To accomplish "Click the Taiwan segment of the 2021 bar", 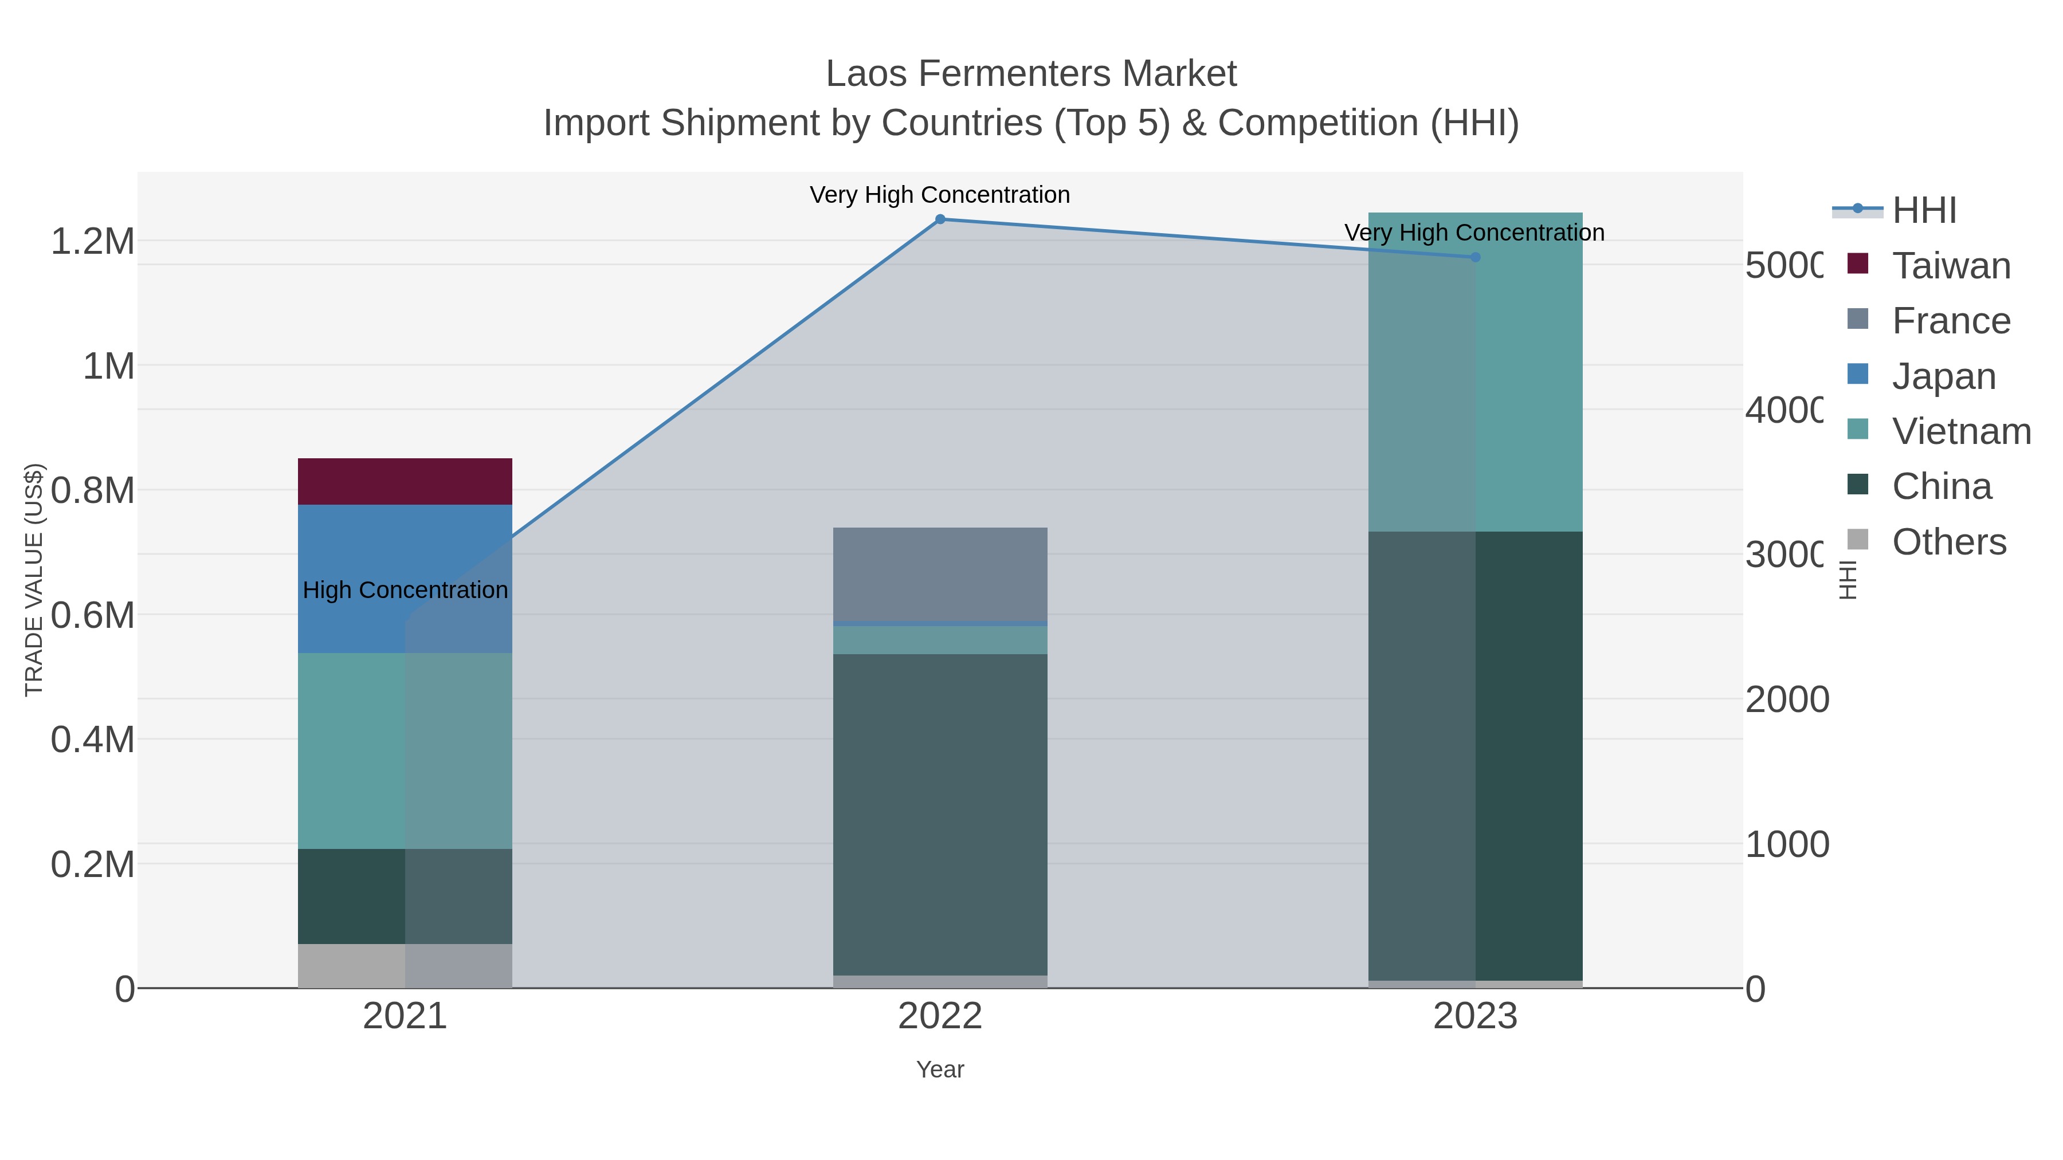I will (405, 481).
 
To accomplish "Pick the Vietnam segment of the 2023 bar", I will (1475, 372).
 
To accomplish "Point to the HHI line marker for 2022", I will (940, 219).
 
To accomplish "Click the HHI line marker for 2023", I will (1475, 257).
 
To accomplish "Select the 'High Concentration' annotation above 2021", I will (405, 590).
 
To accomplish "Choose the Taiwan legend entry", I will (1951, 266).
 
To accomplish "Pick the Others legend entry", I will (1948, 542).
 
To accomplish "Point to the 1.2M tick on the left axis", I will (93, 241).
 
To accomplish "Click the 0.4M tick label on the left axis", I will (93, 740).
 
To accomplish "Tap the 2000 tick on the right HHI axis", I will (1786, 699).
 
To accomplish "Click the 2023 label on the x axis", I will (1474, 1017).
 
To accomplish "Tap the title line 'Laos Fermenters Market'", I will (1031, 74).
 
